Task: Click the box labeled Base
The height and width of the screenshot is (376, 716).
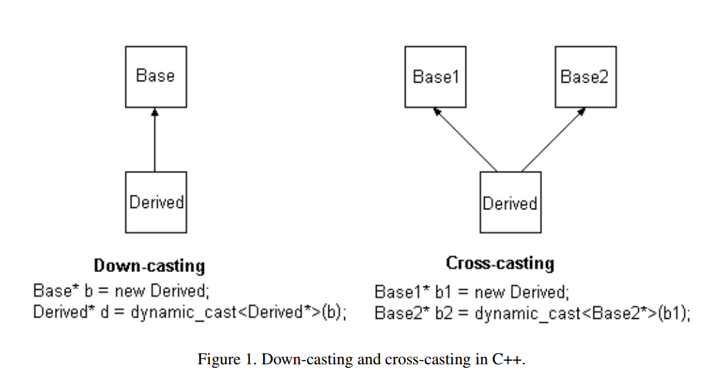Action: [x=155, y=76]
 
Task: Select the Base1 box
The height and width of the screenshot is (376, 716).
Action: [x=434, y=76]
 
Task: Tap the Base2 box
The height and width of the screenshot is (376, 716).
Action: [x=585, y=76]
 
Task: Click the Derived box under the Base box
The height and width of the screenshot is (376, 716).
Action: [x=156, y=202]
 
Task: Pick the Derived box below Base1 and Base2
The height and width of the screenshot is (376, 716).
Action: [x=509, y=202]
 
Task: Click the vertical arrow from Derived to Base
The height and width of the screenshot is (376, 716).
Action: [x=155, y=141]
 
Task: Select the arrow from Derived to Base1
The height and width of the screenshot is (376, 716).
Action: [x=465, y=140]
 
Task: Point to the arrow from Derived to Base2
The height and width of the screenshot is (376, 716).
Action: [x=553, y=140]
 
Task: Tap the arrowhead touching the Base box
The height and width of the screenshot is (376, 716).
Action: [x=155, y=112]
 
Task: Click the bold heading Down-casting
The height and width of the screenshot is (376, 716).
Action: [x=149, y=266]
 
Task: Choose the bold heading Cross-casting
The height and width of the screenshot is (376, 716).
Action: [x=500, y=263]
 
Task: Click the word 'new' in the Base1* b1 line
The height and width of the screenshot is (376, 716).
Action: [x=489, y=292]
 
